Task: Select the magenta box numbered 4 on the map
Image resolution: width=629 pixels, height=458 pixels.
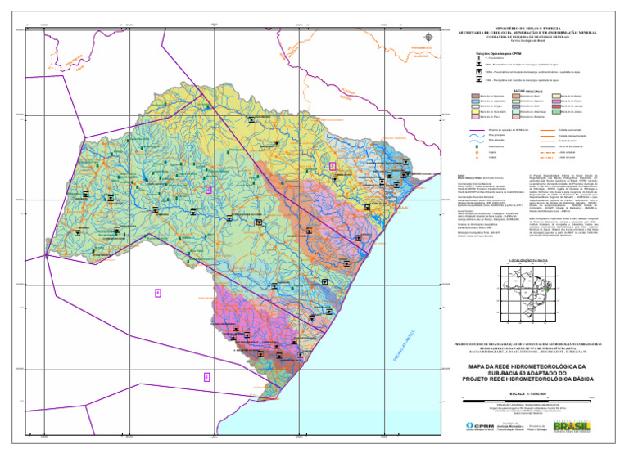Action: tap(158, 293)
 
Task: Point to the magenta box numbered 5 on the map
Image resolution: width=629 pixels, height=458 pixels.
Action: tap(206, 376)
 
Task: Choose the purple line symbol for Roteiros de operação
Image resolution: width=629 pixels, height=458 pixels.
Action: tap(478, 130)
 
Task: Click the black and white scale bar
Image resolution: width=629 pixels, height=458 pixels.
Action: tap(525, 399)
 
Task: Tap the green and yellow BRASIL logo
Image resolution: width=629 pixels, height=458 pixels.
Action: tap(571, 427)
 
